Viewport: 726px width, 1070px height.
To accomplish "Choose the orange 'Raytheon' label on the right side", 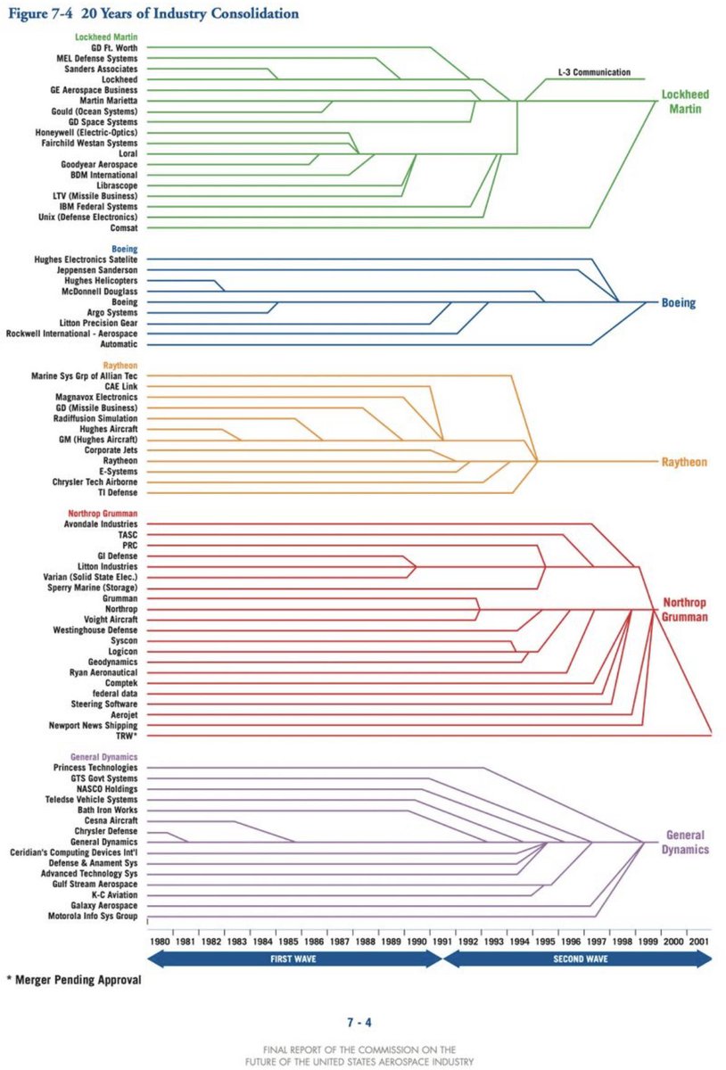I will [x=684, y=462].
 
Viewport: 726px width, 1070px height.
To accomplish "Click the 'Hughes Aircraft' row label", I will [x=108, y=429].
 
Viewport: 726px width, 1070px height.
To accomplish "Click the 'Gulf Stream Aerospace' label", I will [x=93, y=885].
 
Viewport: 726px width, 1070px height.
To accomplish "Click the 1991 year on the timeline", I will [x=441, y=941].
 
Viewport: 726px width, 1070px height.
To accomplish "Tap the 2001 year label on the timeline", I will [x=699, y=941].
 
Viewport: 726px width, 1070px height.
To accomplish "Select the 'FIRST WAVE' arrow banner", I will [x=294, y=959].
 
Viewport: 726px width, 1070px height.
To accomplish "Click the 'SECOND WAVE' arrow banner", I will [x=578, y=959].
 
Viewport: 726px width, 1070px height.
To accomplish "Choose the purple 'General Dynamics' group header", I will [x=99, y=757].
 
